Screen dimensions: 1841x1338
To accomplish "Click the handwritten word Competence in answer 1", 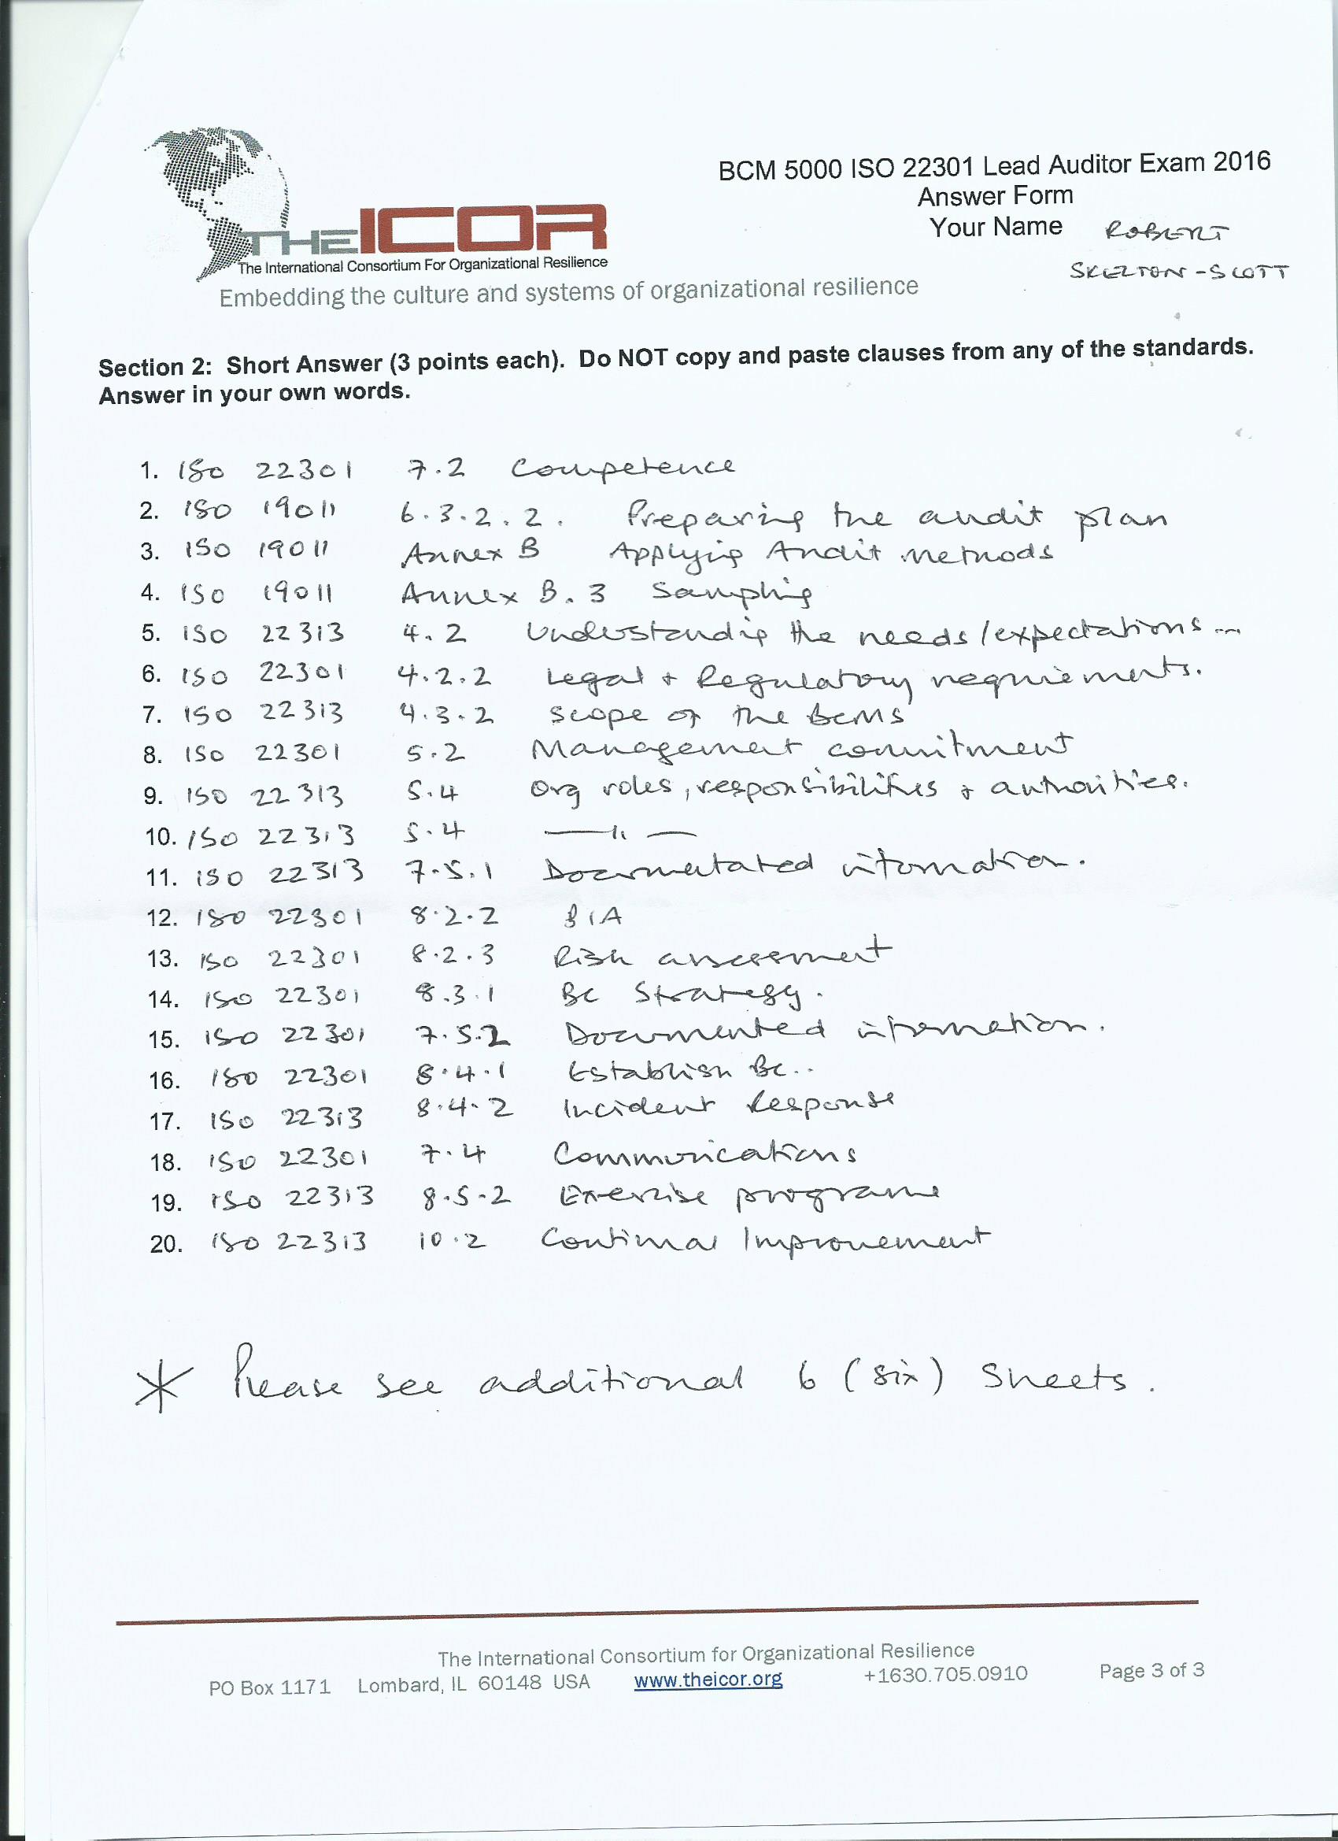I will [623, 469].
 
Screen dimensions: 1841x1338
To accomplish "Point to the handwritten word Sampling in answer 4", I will [731, 594].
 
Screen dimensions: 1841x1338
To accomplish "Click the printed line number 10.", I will [160, 837].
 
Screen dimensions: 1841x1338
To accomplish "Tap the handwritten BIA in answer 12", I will [593, 917].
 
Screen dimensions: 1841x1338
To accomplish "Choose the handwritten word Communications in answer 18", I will [704, 1154].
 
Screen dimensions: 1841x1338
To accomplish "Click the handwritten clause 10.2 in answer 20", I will [452, 1241].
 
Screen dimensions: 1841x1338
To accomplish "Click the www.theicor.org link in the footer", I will [708, 1680].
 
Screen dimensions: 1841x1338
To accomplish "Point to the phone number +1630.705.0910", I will [945, 1674].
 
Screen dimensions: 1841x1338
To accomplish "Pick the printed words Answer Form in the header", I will [995, 196].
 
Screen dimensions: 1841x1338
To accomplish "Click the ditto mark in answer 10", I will [619, 832].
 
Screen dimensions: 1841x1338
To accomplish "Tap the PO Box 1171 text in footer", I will [269, 1687].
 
